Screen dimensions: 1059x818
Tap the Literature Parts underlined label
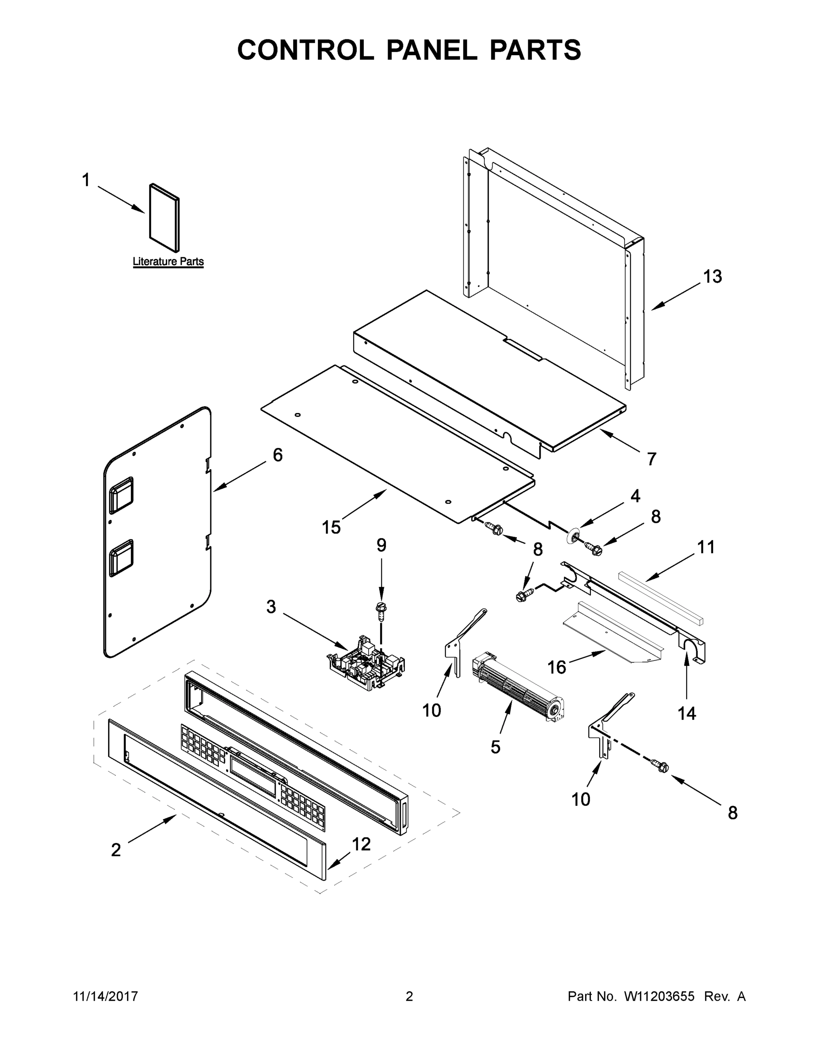click(168, 262)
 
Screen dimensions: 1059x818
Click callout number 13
click(712, 277)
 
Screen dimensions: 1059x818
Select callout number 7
click(652, 459)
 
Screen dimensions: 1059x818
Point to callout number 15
click(332, 528)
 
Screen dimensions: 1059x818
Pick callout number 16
click(557, 668)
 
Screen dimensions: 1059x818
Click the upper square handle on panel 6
click(121, 495)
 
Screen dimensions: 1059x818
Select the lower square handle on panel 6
click(121, 558)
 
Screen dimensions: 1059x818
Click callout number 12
click(362, 844)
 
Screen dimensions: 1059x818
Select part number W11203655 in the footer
click(659, 996)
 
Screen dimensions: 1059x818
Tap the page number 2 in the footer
click(409, 996)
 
